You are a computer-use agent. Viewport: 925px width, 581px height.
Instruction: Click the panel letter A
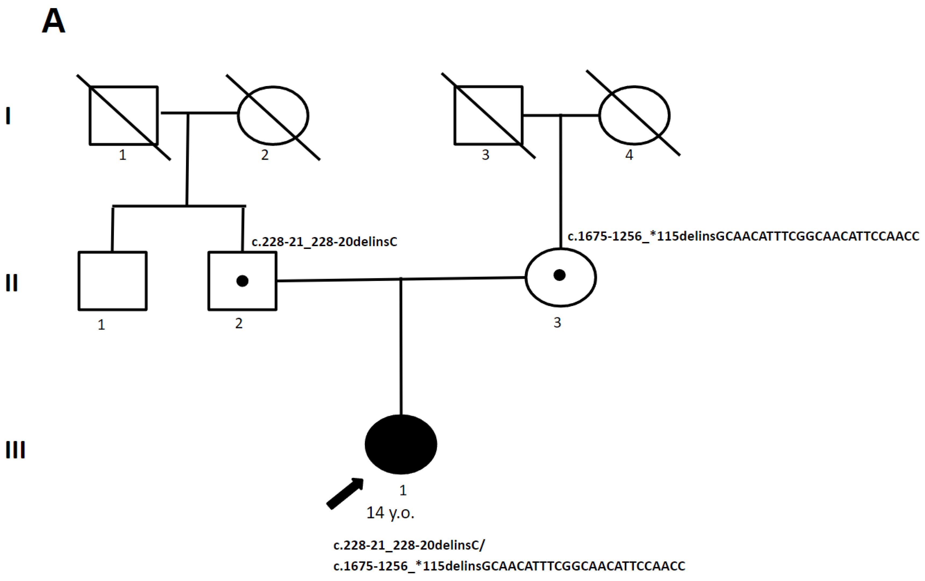tap(53, 22)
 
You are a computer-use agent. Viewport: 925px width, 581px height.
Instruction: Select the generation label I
tap(8, 116)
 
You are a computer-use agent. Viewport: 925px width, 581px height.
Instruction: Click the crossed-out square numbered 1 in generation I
tap(124, 116)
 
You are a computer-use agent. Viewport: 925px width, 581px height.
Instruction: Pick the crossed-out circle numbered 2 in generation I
tap(273, 116)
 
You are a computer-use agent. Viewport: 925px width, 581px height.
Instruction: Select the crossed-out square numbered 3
tap(488, 115)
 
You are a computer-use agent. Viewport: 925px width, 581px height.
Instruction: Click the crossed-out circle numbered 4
tap(634, 115)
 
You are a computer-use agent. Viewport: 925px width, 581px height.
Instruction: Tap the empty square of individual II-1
tap(113, 281)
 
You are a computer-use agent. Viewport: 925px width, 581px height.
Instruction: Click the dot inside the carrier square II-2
tap(242, 281)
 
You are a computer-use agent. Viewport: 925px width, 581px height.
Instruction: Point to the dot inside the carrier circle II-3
tap(559, 275)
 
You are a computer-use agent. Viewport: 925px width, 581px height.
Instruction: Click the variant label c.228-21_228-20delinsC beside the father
tap(324, 242)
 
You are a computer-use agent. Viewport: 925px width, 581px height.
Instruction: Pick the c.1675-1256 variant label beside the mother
tap(743, 236)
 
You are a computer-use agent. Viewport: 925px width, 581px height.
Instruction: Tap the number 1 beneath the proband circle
tap(403, 490)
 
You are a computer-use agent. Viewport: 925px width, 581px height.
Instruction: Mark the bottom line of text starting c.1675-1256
tap(509, 566)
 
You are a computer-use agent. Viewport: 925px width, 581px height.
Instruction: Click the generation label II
tap(12, 283)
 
